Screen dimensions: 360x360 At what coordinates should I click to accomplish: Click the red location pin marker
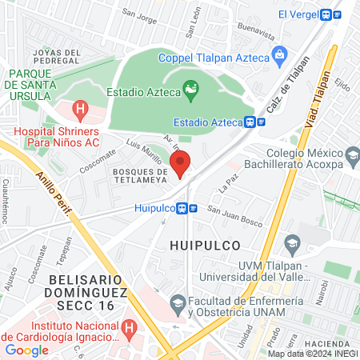[x=181, y=163]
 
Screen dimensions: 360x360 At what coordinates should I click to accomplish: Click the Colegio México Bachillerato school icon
[x=350, y=153]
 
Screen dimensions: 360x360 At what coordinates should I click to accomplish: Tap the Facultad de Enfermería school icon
[x=178, y=301]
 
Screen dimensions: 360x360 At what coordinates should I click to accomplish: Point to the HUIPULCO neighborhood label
[x=206, y=238]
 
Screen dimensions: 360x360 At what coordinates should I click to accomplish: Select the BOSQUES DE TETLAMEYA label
[x=138, y=177]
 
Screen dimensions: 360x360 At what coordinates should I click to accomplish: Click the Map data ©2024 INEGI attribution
[x=313, y=354]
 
